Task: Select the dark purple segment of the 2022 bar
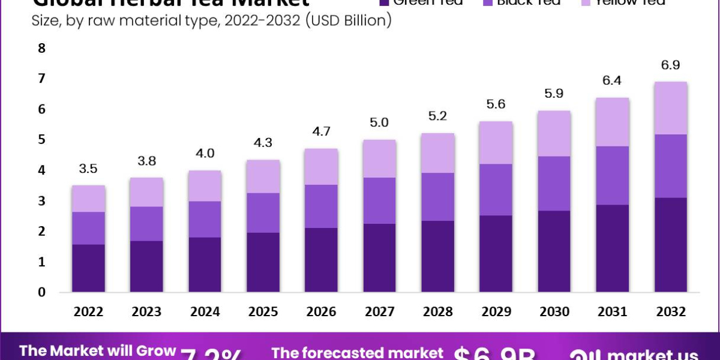tap(88, 268)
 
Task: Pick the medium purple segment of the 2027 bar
tap(379, 200)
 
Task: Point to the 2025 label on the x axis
tap(263, 312)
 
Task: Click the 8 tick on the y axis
tap(41, 49)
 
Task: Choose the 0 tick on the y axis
tap(41, 293)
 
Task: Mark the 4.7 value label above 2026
tap(320, 131)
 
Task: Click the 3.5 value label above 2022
tap(88, 169)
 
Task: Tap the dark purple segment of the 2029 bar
tap(495, 254)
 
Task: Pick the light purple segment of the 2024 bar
tap(205, 186)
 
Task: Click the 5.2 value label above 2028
tap(437, 116)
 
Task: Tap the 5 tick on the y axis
tap(41, 140)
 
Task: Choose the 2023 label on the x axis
tap(146, 312)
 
